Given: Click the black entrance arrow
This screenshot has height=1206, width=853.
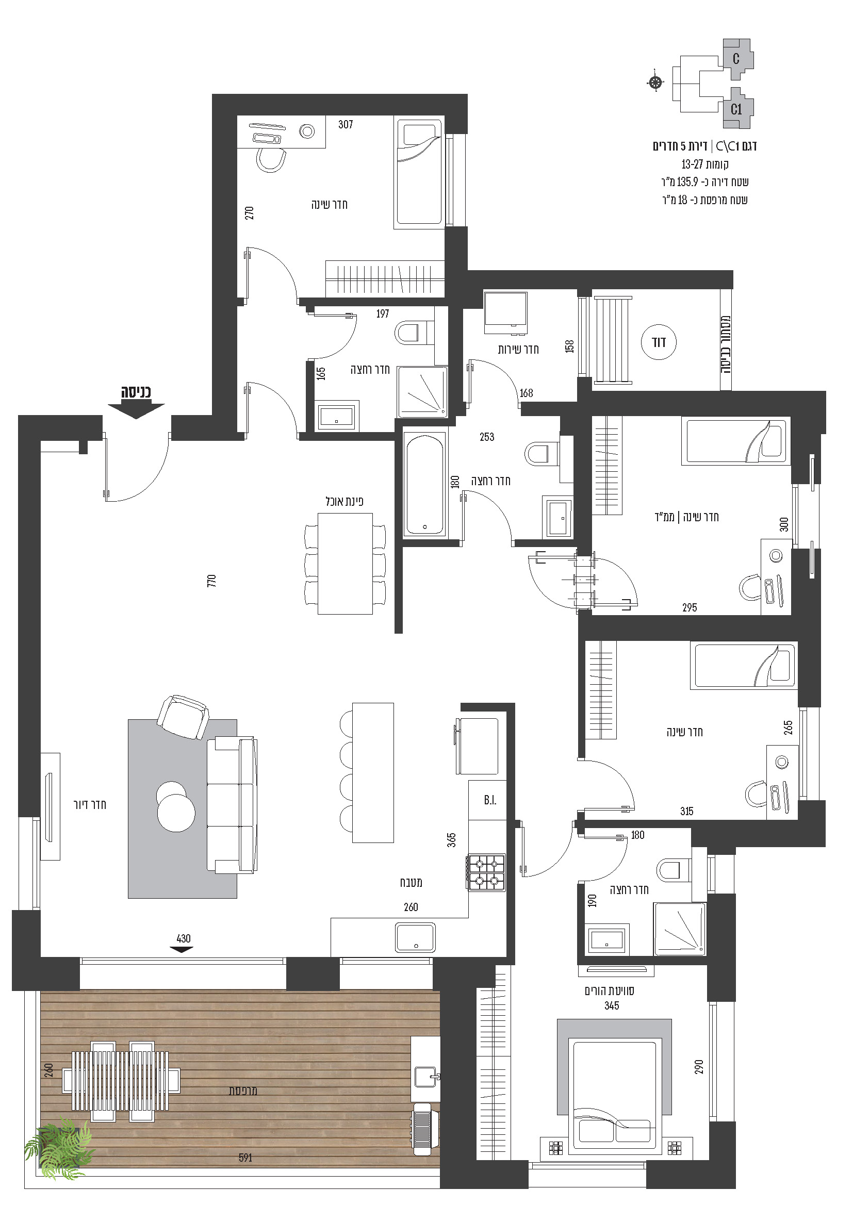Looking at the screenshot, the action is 136,410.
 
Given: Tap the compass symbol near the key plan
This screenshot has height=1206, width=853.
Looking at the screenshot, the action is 655,82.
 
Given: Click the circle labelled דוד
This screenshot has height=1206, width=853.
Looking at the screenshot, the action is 659,342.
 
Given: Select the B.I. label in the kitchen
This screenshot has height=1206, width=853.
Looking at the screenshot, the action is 490,801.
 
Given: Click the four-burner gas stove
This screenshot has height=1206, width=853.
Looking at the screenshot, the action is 486,872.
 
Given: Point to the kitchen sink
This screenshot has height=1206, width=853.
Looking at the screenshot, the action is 415,937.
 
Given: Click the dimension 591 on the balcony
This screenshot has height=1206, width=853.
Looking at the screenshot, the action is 245,1157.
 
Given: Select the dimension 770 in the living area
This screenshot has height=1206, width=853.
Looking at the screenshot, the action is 211,581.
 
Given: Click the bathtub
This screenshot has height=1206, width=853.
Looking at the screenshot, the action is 425,484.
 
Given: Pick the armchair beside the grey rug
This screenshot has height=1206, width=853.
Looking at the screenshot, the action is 183,717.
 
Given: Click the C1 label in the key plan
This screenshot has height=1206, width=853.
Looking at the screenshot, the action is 736,109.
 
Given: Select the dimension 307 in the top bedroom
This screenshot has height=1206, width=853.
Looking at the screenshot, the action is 346,124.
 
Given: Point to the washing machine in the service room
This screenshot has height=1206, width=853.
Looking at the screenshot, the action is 505,313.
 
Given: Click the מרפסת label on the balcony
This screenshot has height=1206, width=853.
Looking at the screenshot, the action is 243,1091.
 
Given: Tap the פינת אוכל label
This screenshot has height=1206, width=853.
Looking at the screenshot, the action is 345,501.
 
